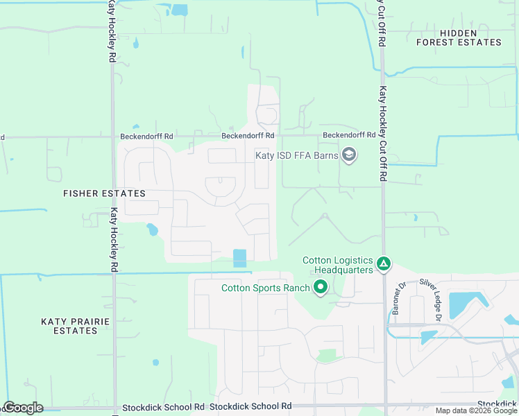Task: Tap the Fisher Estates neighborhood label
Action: tap(104, 193)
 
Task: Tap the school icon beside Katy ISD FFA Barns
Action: tap(349, 155)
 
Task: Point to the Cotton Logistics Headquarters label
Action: tap(338, 265)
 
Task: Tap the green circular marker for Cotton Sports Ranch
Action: tap(321, 286)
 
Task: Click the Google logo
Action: tap(23, 408)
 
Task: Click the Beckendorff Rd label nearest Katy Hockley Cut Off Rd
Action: tap(349, 135)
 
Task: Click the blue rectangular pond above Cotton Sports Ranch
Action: tap(239, 258)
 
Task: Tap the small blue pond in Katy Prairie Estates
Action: tap(155, 362)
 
